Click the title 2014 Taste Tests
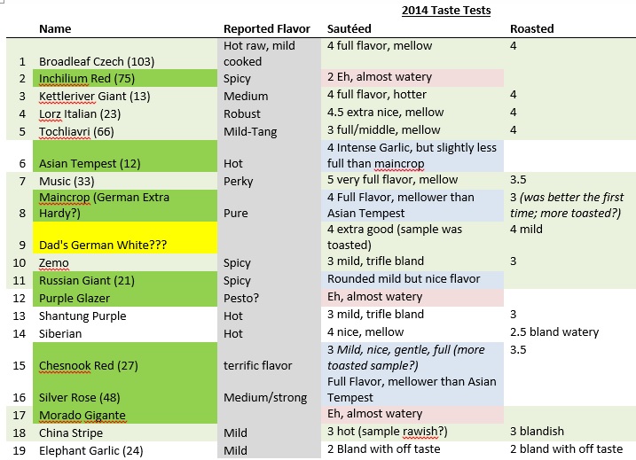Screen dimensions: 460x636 (445, 11)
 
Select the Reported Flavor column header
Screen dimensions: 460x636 (266, 28)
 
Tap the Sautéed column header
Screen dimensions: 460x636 (349, 28)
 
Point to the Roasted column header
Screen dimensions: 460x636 (531, 28)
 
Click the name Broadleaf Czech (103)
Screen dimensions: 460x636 (97, 61)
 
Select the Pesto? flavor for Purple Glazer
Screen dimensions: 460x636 (242, 298)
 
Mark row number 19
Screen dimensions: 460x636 (20, 450)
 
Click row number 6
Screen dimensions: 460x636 (20, 163)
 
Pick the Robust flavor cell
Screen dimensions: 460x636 (242, 113)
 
